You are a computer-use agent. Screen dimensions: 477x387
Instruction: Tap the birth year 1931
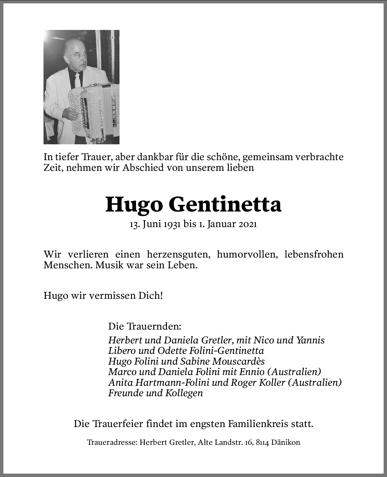point(171,225)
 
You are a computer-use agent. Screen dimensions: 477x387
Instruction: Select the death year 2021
point(247,225)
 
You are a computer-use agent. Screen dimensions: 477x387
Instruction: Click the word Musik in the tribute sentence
point(109,265)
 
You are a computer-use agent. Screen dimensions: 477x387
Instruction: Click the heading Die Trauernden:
point(144,327)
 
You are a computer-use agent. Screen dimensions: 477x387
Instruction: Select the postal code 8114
point(262,443)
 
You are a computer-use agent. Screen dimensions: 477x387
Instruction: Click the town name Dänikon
point(286,443)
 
